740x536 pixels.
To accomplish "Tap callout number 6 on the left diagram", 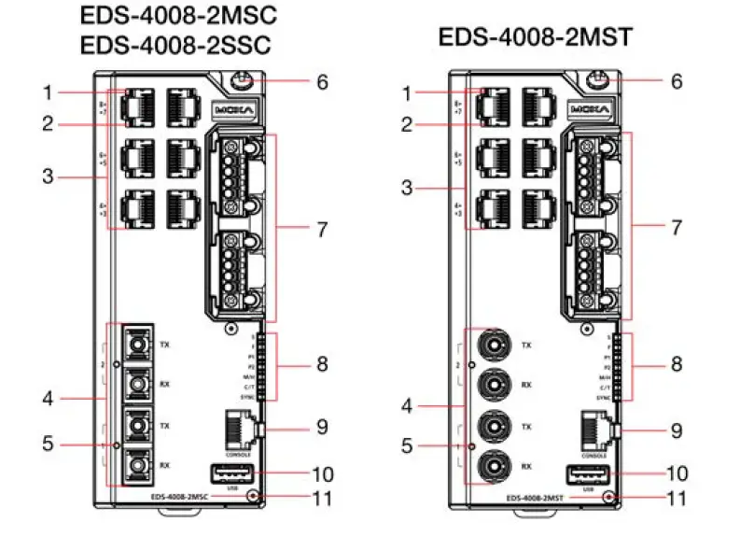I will (x=321, y=82).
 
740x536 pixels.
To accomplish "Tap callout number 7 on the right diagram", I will (x=677, y=227).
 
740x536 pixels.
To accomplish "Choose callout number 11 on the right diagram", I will (x=677, y=498).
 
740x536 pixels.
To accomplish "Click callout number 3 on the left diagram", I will (x=49, y=175).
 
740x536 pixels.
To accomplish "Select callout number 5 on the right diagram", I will (x=405, y=445).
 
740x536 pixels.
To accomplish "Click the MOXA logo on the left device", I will (x=232, y=108).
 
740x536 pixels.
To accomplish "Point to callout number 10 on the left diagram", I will (x=321, y=474).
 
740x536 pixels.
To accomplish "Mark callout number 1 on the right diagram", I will (x=405, y=92).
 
